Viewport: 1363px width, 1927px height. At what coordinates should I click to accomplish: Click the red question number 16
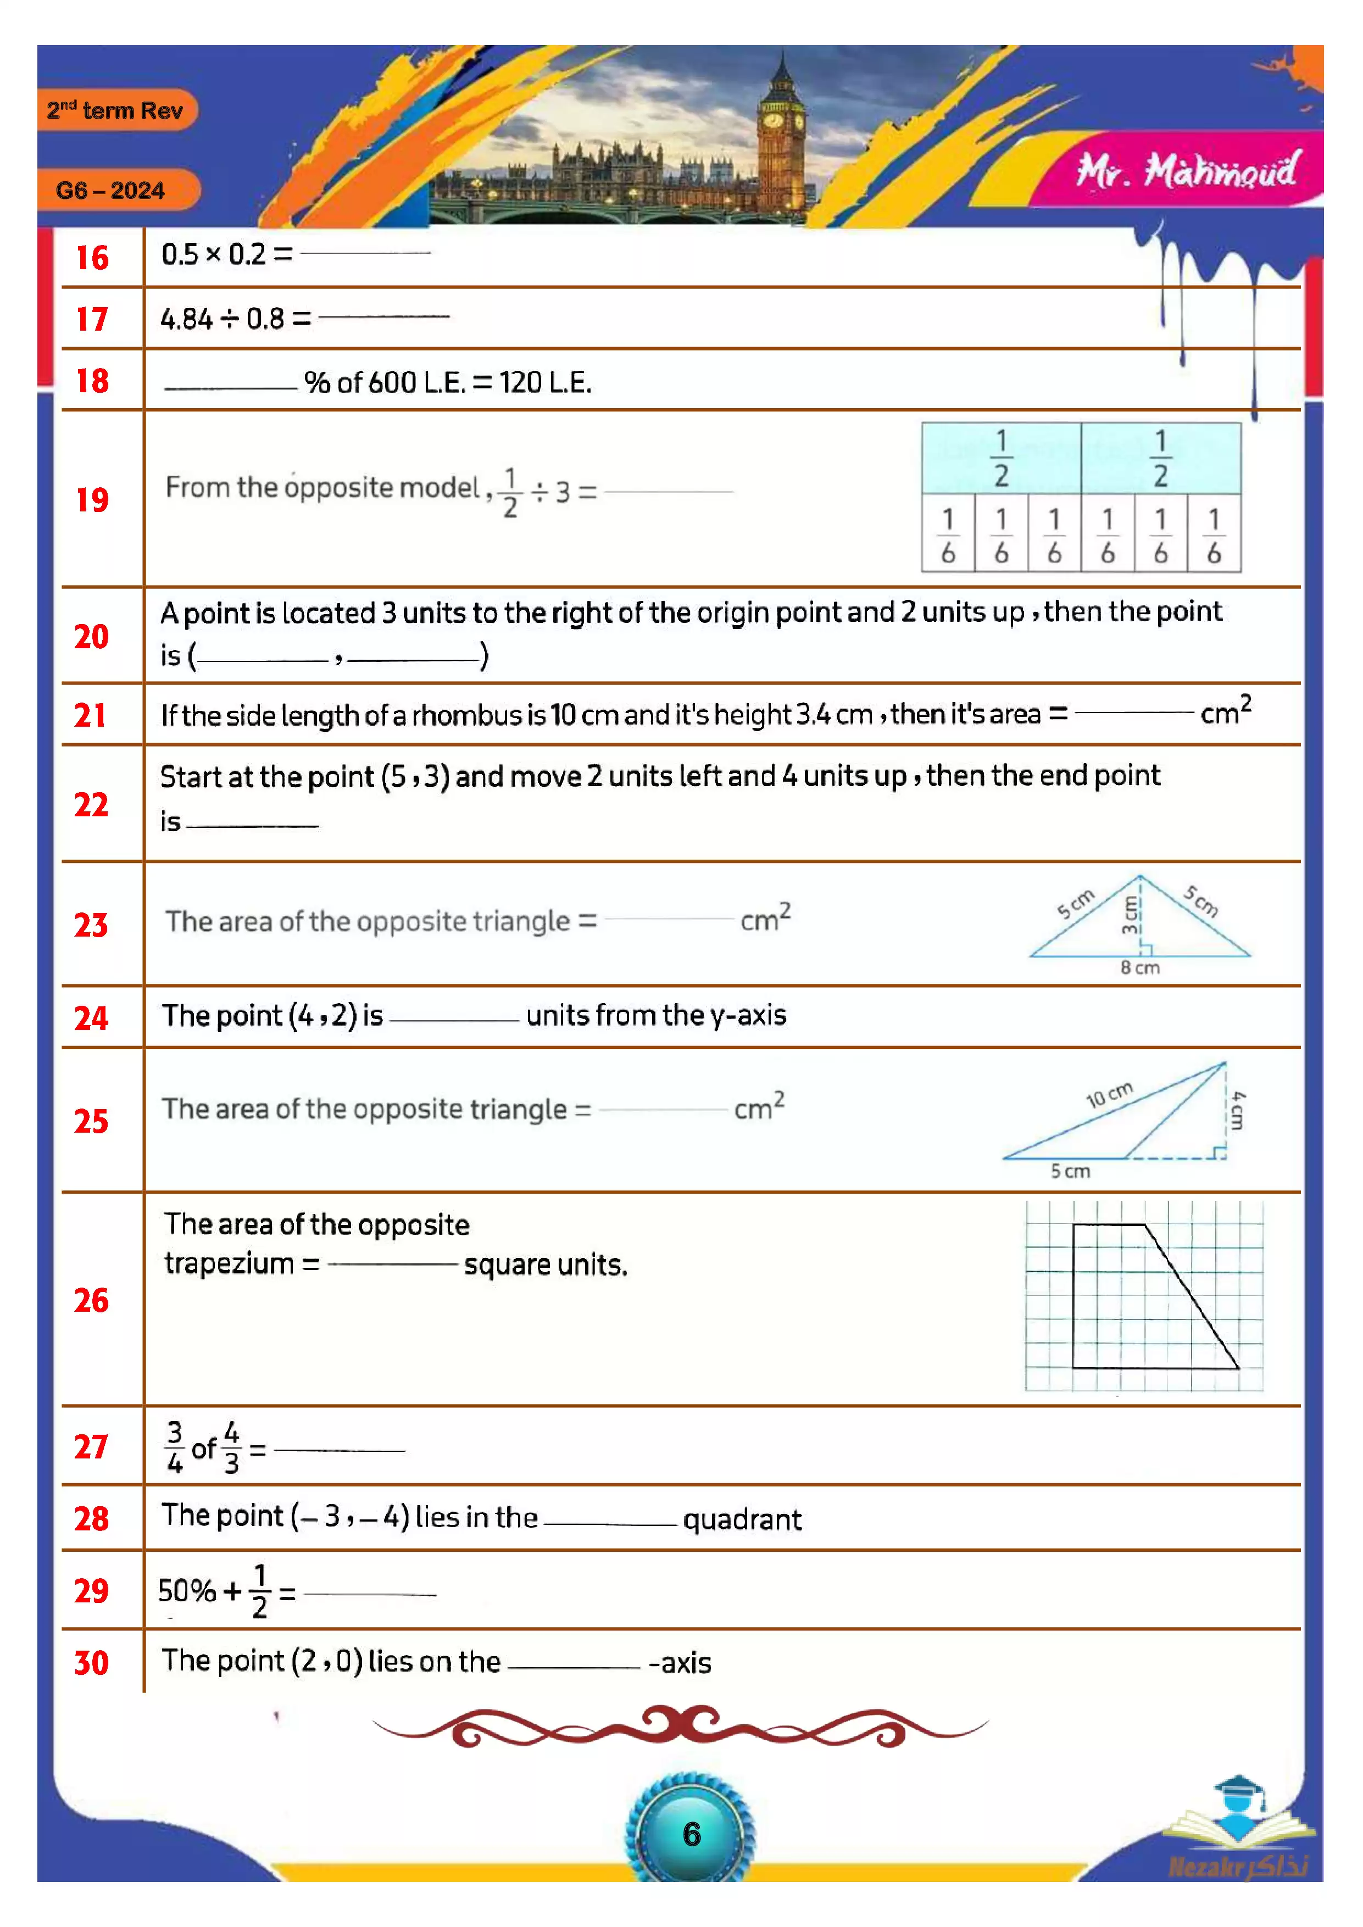pyautogui.click(x=92, y=258)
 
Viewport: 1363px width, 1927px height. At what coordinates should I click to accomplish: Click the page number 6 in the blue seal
pyautogui.click(x=692, y=1834)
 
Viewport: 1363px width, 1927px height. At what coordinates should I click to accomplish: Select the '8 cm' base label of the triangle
pyautogui.click(x=1140, y=968)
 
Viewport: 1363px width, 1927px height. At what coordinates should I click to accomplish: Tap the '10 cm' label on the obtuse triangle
pyautogui.click(x=1109, y=1094)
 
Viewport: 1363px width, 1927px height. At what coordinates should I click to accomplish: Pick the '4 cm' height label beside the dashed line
pyautogui.click(x=1238, y=1110)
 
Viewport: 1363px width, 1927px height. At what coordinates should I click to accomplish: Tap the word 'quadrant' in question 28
pyautogui.click(x=742, y=1519)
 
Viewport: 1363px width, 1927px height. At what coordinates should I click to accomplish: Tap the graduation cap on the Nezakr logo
pyautogui.click(x=1238, y=1787)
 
